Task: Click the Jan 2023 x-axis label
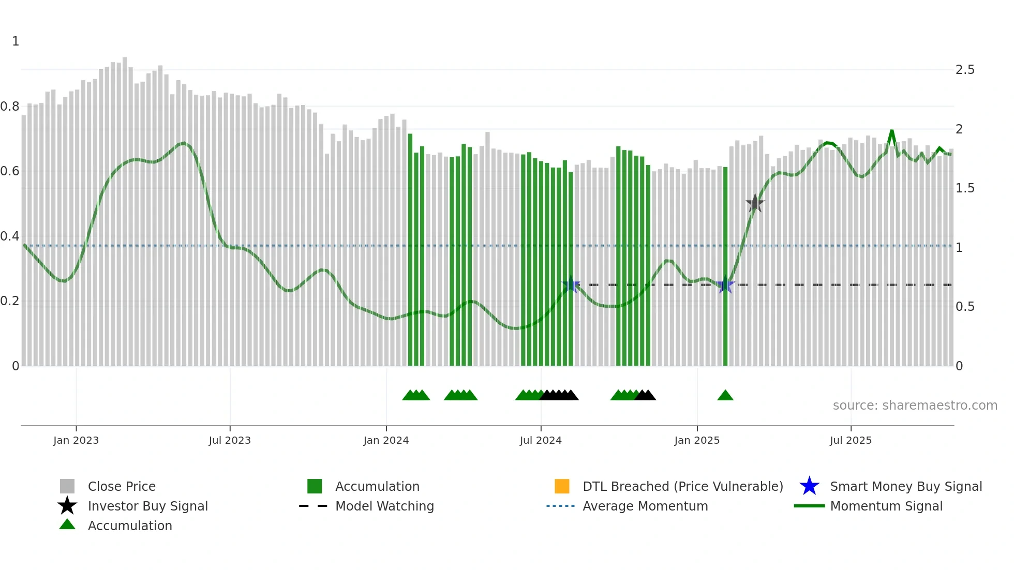[76, 440]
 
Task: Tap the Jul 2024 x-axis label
[541, 440]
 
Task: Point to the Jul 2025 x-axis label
[851, 440]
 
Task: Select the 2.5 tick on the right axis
[965, 70]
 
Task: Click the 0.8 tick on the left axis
[10, 107]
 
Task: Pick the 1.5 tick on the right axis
[965, 188]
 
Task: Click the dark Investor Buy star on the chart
[755, 203]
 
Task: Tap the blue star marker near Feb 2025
[725, 285]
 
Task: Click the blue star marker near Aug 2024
[571, 284]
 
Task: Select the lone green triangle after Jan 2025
[725, 396]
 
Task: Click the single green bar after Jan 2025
[725, 266]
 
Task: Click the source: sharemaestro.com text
[915, 406]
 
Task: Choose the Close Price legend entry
[122, 486]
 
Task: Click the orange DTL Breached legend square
[562, 486]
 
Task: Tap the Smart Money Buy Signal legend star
[809, 486]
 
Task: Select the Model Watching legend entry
[384, 506]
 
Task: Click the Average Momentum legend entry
[645, 506]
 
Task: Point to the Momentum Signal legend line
[809, 506]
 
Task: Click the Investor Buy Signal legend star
[67, 506]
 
